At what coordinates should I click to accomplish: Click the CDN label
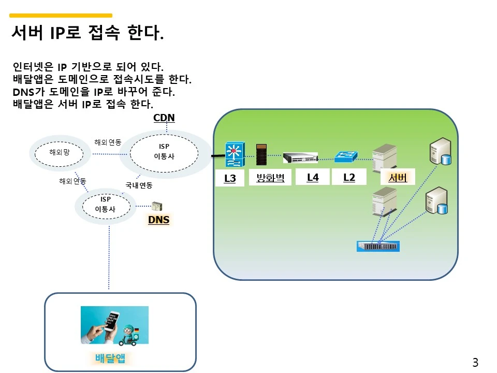coord(164,118)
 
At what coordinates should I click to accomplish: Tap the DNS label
coord(158,220)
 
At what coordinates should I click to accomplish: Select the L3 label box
coord(230,179)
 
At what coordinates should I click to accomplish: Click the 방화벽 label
coord(270,178)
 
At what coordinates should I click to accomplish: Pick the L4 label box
coord(313,178)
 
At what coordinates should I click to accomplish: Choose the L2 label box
coord(349,178)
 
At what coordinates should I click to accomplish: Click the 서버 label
coord(398,178)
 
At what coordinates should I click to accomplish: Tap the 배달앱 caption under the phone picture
coord(110,358)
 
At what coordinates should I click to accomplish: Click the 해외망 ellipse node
coord(59,152)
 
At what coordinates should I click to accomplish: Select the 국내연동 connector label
coord(139,185)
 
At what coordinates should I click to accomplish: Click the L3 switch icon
coord(234,154)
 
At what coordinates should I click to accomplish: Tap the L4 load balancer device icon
coord(300,157)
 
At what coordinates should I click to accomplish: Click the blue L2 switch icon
coord(346,155)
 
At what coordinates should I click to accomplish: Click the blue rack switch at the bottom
coord(378,246)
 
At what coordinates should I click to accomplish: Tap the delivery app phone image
coord(114,325)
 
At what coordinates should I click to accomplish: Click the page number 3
coord(475,363)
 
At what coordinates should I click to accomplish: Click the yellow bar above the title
coord(61,16)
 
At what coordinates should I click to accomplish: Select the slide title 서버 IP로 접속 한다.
coord(87,33)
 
